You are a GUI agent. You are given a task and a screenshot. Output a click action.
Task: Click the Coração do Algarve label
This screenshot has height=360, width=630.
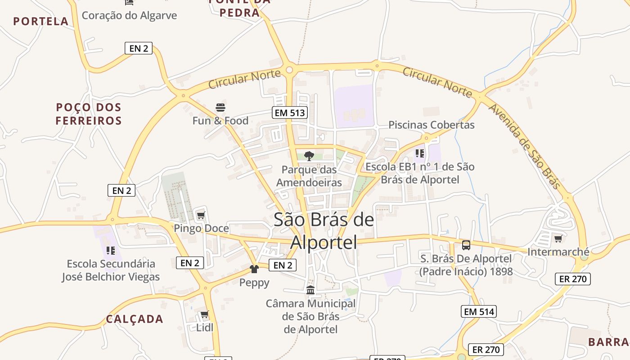(x=129, y=15)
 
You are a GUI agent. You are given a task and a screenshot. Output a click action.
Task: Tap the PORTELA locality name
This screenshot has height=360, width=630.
(x=41, y=21)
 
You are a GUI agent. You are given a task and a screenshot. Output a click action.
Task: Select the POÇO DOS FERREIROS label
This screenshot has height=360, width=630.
(x=89, y=114)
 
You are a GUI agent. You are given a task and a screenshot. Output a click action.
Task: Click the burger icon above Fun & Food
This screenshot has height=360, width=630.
(x=220, y=108)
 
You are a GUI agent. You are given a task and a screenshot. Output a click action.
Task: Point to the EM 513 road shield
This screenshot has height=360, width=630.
(x=290, y=112)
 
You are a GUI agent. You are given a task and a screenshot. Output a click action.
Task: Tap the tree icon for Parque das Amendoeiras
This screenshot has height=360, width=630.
(x=309, y=156)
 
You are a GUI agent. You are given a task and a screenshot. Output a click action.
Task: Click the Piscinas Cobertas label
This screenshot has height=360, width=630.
(x=431, y=125)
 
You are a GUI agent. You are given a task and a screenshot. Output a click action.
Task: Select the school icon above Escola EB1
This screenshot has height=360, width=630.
(x=419, y=153)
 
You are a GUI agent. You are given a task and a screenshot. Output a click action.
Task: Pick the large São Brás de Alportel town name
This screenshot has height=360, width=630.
(x=324, y=230)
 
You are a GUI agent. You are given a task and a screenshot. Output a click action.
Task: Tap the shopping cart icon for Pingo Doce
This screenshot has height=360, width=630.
(x=201, y=215)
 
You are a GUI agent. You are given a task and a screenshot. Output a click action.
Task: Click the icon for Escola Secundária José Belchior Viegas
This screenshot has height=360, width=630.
(x=111, y=250)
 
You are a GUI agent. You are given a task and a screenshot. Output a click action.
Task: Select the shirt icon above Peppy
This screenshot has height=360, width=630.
(x=254, y=269)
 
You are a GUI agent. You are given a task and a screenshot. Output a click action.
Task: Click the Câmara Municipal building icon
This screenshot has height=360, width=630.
(x=310, y=290)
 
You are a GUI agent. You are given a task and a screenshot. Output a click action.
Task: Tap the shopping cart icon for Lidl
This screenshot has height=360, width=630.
(x=204, y=314)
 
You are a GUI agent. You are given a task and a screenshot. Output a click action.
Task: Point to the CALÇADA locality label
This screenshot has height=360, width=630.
(x=135, y=319)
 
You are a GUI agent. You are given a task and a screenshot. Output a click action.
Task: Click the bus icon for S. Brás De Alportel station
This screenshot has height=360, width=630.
(x=466, y=245)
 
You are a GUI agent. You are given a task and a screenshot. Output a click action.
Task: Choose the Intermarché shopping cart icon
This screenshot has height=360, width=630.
(x=558, y=238)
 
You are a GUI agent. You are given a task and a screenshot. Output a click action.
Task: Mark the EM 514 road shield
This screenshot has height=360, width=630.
(x=479, y=311)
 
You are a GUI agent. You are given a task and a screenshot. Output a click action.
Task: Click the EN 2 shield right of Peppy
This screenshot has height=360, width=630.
(x=283, y=265)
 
